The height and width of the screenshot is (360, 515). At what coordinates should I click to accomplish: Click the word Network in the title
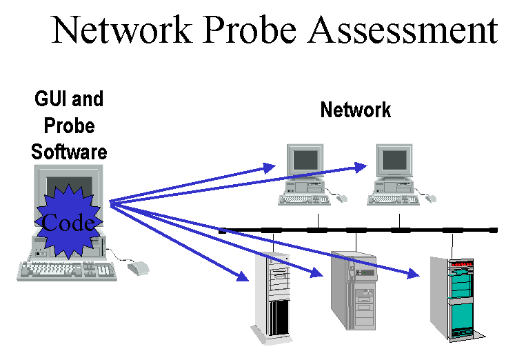click(x=122, y=30)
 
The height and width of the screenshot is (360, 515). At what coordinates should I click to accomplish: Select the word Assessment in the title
click(x=403, y=30)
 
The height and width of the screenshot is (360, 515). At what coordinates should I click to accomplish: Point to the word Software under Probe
click(x=69, y=152)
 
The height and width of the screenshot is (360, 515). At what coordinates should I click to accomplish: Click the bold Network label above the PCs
click(x=356, y=110)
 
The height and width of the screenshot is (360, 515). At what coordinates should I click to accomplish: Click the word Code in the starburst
click(x=68, y=222)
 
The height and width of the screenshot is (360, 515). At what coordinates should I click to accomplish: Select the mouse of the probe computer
click(x=139, y=268)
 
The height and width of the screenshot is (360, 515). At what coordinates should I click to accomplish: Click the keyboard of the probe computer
click(x=67, y=270)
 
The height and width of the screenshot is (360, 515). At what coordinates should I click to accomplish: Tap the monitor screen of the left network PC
click(x=305, y=161)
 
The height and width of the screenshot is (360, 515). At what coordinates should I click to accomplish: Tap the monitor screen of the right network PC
click(x=394, y=161)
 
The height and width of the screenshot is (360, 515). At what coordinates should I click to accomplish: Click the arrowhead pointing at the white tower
click(x=243, y=278)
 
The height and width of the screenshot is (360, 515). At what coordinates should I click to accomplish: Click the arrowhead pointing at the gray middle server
click(x=319, y=274)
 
